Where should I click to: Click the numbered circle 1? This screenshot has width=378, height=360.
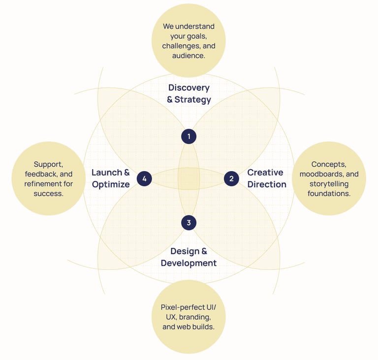pos(189,136)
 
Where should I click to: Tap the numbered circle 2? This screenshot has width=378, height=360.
pos(231,179)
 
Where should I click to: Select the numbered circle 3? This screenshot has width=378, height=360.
pos(189,223)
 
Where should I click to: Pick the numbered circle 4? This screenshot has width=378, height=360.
pos(144,179)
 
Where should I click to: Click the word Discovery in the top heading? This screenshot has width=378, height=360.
pos(189,88)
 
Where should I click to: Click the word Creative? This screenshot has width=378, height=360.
pos(265,173)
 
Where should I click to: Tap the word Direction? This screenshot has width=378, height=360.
pos(267,184)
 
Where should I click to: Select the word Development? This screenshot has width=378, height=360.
pos(189,263)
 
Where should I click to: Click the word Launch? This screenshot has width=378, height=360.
pos(107,173)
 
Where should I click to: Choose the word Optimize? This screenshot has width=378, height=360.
pos(111,184)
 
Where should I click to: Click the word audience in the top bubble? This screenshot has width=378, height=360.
pos(188,56)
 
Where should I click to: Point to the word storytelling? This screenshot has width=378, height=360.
pos(329,184)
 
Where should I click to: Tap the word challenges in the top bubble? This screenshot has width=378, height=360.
pos(181,46)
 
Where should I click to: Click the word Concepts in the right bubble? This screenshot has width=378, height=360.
pos(327,164)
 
